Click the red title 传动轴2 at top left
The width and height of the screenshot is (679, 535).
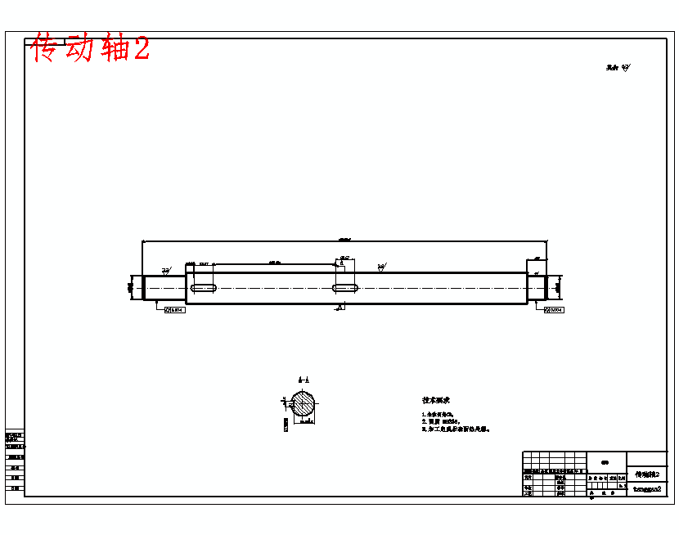91,48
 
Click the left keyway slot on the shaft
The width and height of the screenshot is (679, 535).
204,288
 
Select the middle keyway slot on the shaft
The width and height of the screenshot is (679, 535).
347,288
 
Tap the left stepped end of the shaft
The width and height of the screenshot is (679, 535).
164,287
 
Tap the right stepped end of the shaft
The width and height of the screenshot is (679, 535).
536,287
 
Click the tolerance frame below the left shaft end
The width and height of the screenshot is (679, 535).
175,310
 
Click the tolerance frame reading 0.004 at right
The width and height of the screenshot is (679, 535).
554,310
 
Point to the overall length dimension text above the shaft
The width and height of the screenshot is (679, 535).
344,239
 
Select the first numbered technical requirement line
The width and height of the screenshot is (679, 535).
438,415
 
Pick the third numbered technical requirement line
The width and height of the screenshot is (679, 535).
455,428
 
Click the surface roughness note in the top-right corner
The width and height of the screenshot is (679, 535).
618,68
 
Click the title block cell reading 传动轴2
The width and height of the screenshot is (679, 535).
647,474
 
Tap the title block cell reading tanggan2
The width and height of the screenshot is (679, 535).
647,489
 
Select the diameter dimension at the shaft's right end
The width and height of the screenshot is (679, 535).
559,287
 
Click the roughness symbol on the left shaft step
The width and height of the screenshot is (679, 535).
165,269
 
